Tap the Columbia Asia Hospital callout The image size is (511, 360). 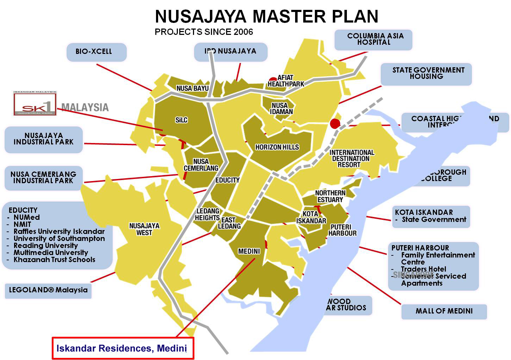click(x=373, y=39)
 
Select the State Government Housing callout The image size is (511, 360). click(x=426, y=73)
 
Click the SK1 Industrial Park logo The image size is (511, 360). click(x=35, y=104)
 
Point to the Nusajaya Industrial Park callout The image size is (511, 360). click(x=44, y=139)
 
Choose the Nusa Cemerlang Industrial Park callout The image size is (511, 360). click(x=43, y=178)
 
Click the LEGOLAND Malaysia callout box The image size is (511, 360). click(x=48, y=290)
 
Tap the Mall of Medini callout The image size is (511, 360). click(x=444, y=311)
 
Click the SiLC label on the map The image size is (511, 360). click(x=181, y=120)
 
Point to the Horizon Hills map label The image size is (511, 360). click(x=277, y=147)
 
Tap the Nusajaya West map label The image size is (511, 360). click(x=144, y=229)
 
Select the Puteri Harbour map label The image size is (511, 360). click(x=342, y=230)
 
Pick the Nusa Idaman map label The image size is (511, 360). click(x=280, y=108)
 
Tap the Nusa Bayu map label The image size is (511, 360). click(x=192, y=88)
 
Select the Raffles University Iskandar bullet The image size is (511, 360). click(x=59, y=231)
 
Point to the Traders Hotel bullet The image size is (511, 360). click(x=423, y=269)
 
